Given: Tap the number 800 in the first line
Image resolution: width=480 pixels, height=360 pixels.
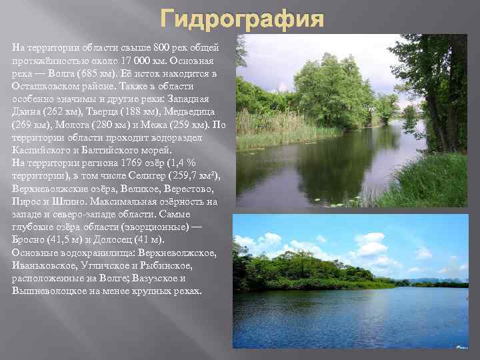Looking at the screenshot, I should (x=162, y=49).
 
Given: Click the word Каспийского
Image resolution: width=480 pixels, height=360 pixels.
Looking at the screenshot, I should (x=39, y=151).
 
